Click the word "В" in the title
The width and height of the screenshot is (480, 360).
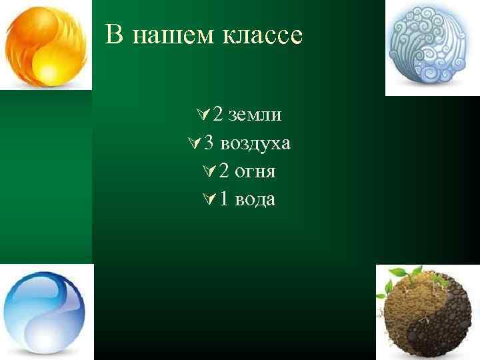tap(114, 35)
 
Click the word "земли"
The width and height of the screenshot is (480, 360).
tap(254, 115)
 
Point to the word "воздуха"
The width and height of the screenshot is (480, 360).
tap(255, 143)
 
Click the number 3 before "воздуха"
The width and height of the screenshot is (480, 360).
tap(209, 143)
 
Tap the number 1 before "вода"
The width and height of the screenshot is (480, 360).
tap(223, 199)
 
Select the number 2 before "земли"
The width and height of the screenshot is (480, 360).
tap(219, 115)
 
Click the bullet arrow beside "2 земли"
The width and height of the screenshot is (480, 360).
tap(205, 115)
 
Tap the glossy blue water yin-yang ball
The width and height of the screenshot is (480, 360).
tap(44, 311)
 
